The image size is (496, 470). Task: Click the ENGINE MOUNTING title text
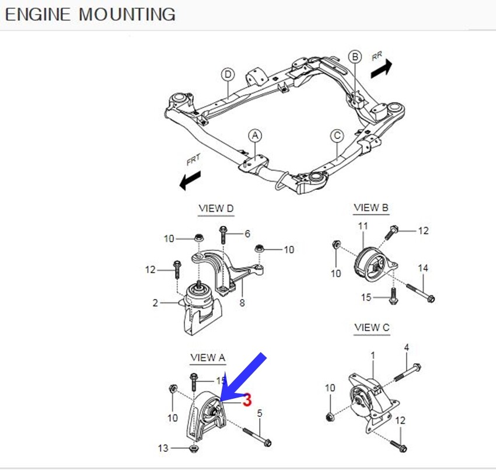90,14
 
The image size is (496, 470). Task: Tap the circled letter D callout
228,74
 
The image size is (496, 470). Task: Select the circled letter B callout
355,57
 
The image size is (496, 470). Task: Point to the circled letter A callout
254,135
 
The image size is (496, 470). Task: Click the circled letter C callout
337,136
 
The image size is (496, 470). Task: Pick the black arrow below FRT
190,180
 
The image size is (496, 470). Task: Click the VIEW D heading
216,208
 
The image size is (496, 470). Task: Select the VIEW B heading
371,208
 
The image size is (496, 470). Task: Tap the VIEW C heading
372,328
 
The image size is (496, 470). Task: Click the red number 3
247,401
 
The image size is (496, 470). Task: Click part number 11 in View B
362,226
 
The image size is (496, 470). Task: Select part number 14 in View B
423,268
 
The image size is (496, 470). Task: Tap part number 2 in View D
155,303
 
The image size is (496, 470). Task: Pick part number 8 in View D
242,303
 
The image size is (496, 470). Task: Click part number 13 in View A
163,448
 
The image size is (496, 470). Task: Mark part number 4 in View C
407,347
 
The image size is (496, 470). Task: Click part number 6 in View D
247,234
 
